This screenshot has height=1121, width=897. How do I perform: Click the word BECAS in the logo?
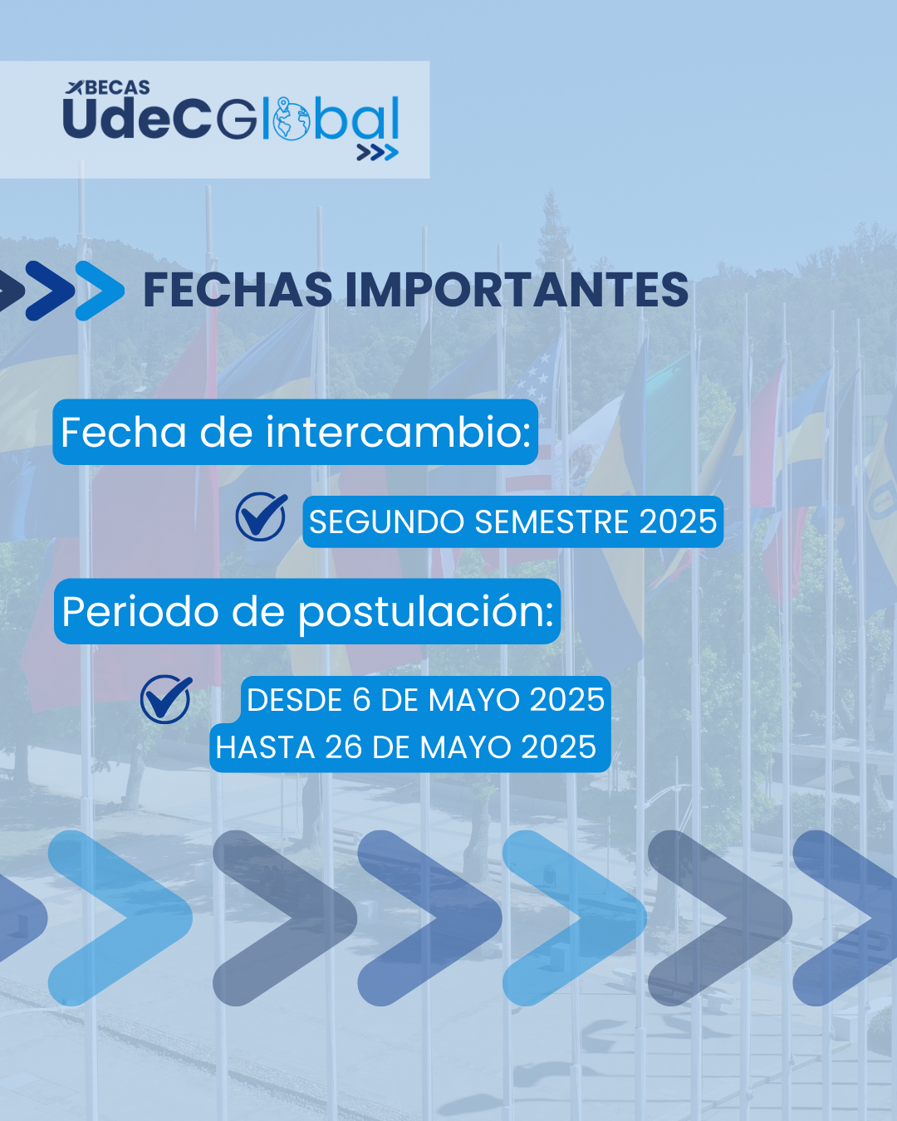coord(117,87)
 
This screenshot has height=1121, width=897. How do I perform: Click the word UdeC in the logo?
coord(136,118)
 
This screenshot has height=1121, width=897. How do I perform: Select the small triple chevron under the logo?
coord(377,153)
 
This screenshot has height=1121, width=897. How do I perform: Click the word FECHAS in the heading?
coord(238,290)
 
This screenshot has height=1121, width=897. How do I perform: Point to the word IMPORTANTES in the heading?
coord(517,290)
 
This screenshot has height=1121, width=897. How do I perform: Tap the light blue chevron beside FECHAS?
coord(100,291)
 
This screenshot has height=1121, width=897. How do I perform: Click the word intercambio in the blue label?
coord(398,432)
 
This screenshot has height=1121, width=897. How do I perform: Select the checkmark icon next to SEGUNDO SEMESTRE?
coord(261,516)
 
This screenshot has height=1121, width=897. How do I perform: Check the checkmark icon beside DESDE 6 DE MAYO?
coord(166,699)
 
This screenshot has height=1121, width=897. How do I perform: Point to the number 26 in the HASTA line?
coord(344,747)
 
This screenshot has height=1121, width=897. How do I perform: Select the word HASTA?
coord(265,747)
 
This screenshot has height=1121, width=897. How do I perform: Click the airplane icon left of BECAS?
coord(75,87)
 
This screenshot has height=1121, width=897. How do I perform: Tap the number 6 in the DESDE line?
coord(361,699)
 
